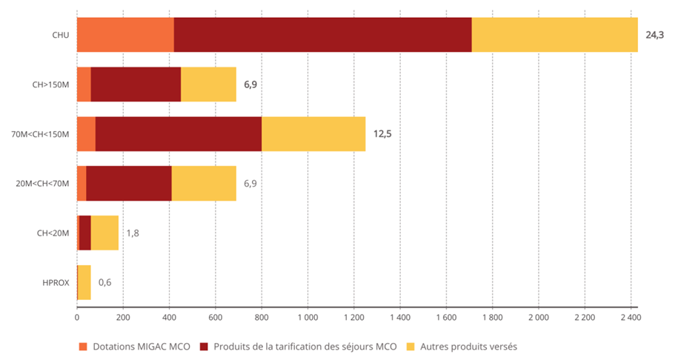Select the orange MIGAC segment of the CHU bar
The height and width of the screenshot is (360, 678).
(125, 35)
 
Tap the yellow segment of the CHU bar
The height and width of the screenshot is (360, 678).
(554, 35)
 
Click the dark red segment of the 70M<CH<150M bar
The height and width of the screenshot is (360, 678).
(178, 134)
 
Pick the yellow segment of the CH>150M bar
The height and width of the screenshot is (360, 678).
(208, 84)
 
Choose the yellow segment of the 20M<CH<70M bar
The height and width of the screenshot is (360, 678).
(204, 183)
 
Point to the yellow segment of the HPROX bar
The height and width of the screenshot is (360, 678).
(84, 282)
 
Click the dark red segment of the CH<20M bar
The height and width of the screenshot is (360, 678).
(84, 233)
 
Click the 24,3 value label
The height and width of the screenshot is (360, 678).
(655, 35)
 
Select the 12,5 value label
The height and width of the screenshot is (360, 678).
(382, 134)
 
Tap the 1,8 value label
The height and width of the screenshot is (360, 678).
(133, 233)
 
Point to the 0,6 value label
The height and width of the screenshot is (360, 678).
(105, 282)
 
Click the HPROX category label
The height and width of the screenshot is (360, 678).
(56, 282)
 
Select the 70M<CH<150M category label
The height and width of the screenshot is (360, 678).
(44, 134)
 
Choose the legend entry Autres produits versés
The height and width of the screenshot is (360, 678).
(468, 346)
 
